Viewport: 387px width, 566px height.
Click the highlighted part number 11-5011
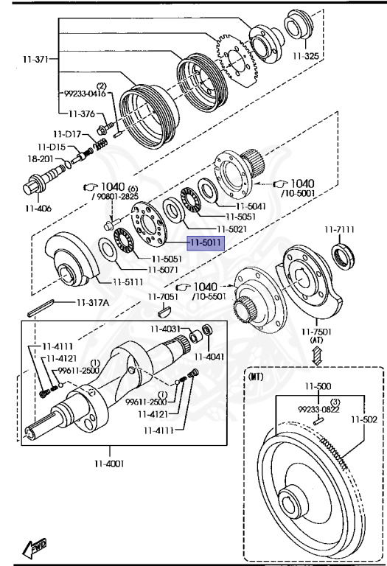206,242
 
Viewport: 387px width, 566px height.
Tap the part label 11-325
306,55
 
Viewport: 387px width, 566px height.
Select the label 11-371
35,59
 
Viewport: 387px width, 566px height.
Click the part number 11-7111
339,230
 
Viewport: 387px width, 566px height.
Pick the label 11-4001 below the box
109,463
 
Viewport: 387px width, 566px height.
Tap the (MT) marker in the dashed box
256,377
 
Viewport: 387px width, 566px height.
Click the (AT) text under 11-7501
317,340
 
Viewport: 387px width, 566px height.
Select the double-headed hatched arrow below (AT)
317,355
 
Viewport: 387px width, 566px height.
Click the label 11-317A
92,302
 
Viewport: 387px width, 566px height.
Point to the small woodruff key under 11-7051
164,310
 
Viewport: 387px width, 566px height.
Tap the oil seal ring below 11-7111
343,256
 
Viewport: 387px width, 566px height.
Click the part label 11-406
38,209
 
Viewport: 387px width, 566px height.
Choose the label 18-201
41,158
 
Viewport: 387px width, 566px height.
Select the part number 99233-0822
318,409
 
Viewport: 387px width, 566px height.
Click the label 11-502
364,419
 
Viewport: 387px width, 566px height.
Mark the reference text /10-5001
298,193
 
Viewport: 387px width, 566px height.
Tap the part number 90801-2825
116,196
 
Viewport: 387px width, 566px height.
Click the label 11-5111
128,282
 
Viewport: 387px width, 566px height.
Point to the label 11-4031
165,329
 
